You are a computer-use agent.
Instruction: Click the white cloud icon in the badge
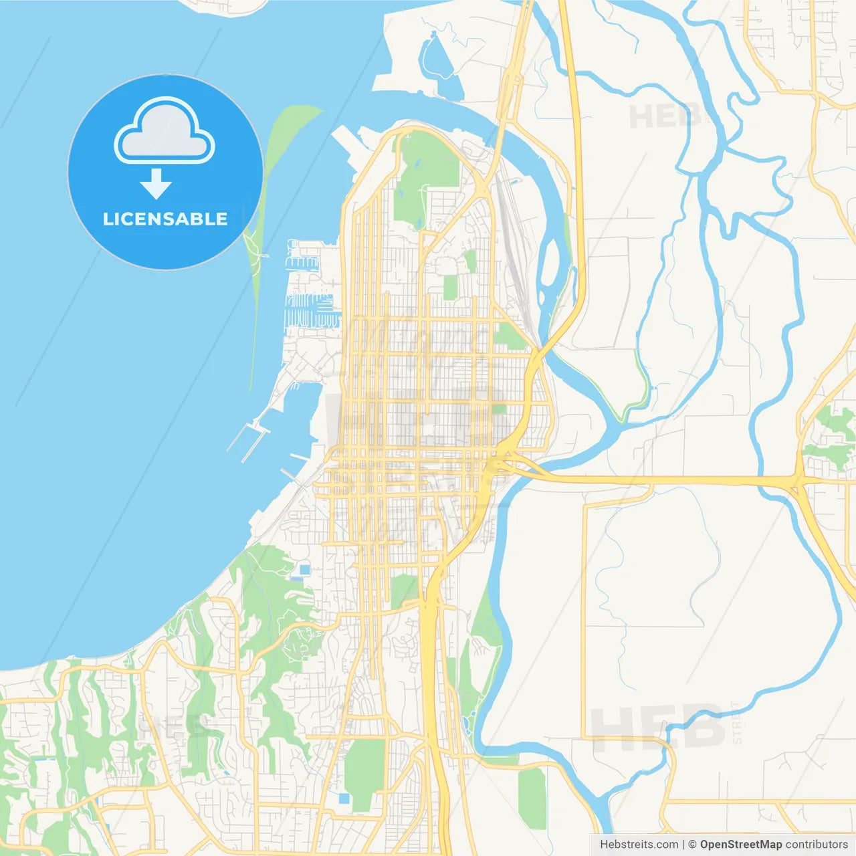(x=165, y=130)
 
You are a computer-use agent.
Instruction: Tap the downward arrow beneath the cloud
(x=156, y=183)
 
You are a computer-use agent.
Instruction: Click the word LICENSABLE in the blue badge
(x=165, y=219)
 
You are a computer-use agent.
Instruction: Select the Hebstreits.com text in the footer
(x=639, y=845)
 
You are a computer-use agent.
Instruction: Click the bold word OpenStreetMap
(x=741, y=845)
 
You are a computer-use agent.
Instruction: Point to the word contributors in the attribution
(x=817, y=845)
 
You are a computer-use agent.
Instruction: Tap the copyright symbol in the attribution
(x=693, y=845)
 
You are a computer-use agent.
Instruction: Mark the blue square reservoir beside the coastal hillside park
(x=305, y=570)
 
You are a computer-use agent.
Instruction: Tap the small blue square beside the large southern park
(x=344, y=798)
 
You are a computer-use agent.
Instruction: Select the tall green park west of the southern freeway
(x=364, y=772)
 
